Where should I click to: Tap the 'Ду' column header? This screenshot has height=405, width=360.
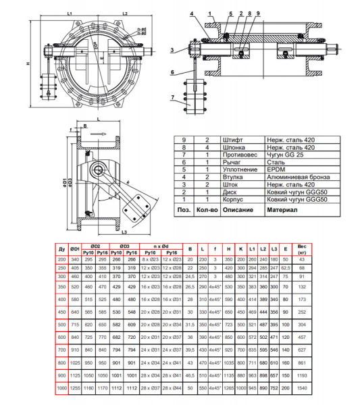[62, 248]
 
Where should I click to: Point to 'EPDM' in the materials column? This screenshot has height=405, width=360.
[274, 169]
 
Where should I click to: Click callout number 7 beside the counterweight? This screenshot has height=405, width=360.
[174, 97]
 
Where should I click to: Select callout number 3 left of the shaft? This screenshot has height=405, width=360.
[173, 49]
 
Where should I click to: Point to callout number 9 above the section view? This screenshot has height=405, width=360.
[257, 13]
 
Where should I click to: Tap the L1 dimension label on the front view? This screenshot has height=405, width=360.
[70, 13]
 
